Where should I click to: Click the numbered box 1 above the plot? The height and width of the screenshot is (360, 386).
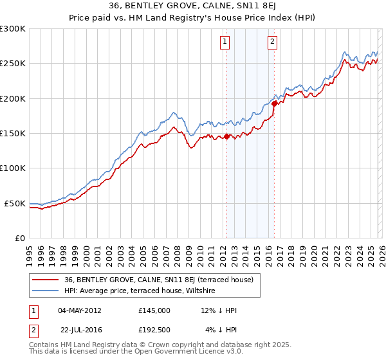pos(225,42)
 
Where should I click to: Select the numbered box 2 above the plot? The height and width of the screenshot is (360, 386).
pos(273,42)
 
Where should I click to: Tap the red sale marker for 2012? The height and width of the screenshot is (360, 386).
pos(226,136)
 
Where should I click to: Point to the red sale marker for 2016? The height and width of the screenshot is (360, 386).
pos(275,103)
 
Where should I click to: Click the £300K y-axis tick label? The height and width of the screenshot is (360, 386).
pos(13,29)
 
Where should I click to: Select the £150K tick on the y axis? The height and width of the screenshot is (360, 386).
pos(13,134)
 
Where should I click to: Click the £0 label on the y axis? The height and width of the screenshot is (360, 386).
pos(20,238)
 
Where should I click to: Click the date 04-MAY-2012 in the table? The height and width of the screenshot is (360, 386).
pos(79,310)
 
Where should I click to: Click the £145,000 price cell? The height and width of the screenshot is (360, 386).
pos(154,310)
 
